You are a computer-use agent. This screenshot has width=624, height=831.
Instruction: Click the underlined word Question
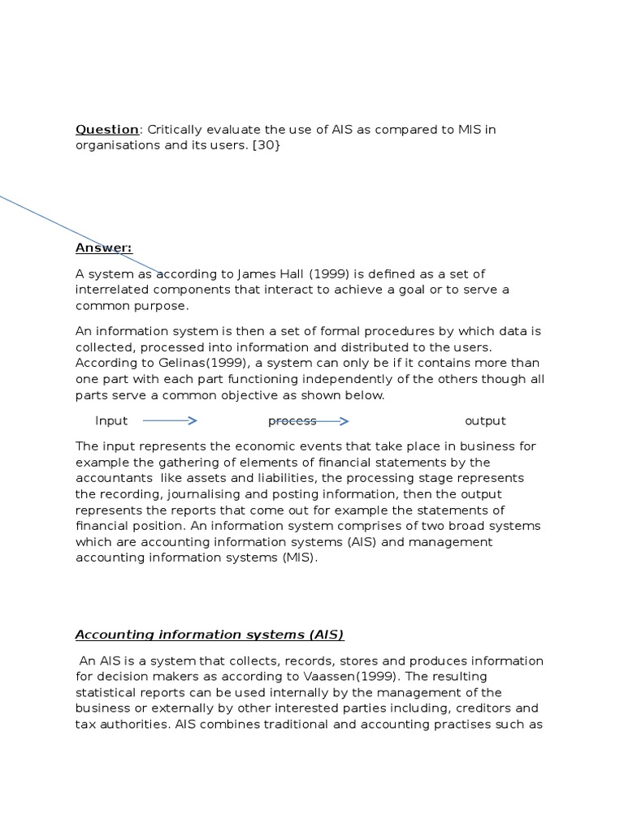(x=107, y=130)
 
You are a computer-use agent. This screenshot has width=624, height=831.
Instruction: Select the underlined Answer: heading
(x=104, y=248)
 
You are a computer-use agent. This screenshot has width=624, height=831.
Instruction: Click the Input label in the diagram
(x=112, y=420)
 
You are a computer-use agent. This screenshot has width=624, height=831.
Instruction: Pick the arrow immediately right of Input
(x=170, y=420)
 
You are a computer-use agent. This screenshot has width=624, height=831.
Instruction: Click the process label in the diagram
(x=292, y=420)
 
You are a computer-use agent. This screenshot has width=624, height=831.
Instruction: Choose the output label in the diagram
(x=485, y=420)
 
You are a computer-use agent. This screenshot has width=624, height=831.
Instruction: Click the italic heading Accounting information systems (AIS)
(x=210, y=635)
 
